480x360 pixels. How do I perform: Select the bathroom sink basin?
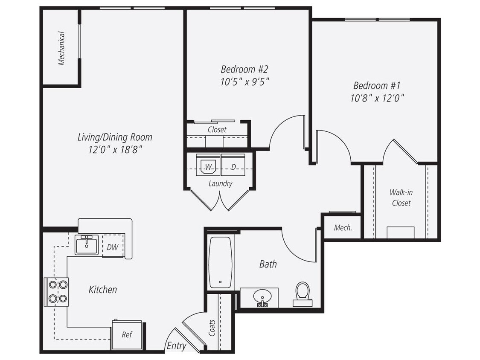[260, 296]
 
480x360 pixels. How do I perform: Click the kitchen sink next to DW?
[87, 244]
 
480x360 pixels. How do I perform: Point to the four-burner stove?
[57, 292]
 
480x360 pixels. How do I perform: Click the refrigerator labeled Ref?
[126, 335]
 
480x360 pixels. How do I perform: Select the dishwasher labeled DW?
[113, 247]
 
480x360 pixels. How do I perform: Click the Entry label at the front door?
[176, 345]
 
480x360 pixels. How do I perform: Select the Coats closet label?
[212, 328]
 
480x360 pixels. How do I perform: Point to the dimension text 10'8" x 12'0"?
[377, 98]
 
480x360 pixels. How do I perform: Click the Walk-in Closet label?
[401, 197]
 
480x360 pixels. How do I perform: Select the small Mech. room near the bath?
[343, 228]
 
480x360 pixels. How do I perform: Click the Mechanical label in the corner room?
[62, 49]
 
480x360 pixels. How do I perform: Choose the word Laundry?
[220, 184]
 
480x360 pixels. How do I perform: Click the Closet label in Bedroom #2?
[217, 130]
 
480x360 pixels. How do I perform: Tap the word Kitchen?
[102, 290]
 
